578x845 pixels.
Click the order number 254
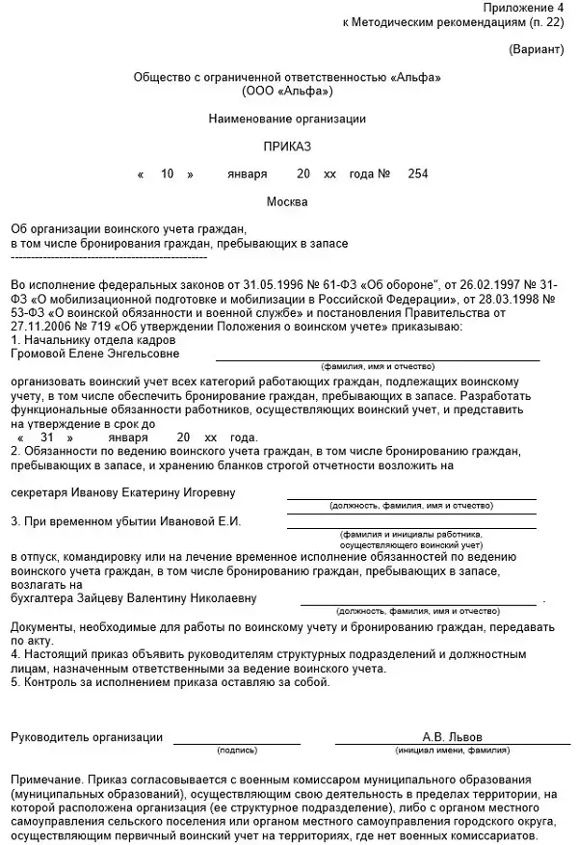[x=418, y=174]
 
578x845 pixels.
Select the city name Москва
[x=287, y=202]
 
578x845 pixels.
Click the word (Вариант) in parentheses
[x=538, y=48]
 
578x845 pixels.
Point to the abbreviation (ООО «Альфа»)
[x=288, y=92]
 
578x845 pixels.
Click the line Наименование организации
[x=287, y=119]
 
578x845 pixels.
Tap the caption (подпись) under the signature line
[x=237, y=750]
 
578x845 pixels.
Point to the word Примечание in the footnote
[x=45, y=779]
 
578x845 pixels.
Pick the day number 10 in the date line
[x=167, y=174]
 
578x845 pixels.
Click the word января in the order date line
[x=248, y=174]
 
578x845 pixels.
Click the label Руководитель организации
[x=87, y=737]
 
